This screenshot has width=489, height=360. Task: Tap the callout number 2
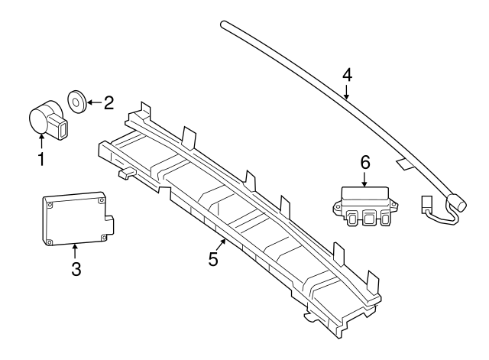click(108, 102)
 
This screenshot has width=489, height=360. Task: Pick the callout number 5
click(213, 258)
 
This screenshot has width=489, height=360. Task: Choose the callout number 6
click(364, 162)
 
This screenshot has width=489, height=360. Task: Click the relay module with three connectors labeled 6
click(364, 206)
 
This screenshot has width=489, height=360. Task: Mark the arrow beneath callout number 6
click(364, 180)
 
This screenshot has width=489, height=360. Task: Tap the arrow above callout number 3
click(75, 249)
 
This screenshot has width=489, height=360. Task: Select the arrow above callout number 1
click(41, 141)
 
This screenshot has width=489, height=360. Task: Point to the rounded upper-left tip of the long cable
click(225, 24)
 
